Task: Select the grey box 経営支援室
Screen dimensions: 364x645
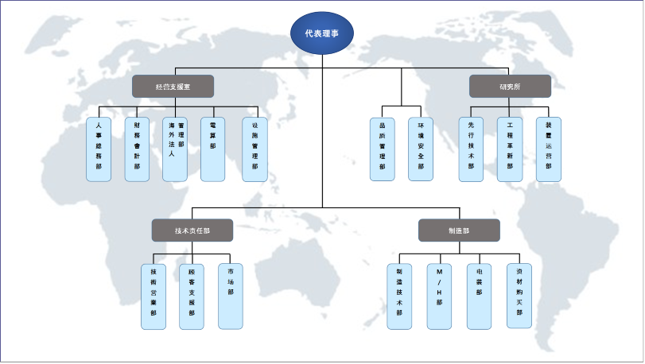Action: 173,86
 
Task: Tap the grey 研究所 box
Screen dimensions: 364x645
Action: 510,86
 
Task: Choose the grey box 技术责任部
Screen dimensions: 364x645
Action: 192,230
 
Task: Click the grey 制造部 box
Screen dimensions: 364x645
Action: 459,230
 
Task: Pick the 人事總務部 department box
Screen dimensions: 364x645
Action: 99,149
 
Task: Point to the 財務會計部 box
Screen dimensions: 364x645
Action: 137,149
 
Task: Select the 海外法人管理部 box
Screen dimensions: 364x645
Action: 176,149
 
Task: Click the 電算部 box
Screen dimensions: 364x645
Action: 213,149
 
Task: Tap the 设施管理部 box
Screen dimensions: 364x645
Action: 255,149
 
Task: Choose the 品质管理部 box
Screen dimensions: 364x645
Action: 383,149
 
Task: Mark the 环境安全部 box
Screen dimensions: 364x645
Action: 421,149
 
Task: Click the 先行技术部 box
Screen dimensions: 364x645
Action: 472,149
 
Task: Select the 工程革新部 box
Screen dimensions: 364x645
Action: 510,149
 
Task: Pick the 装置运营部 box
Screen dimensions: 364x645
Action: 548,149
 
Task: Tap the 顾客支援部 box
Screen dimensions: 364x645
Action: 192,296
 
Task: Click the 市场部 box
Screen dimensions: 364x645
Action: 231,296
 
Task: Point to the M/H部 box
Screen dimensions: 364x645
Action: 439,296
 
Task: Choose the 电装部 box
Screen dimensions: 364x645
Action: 479,296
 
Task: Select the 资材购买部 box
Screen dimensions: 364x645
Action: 519,296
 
